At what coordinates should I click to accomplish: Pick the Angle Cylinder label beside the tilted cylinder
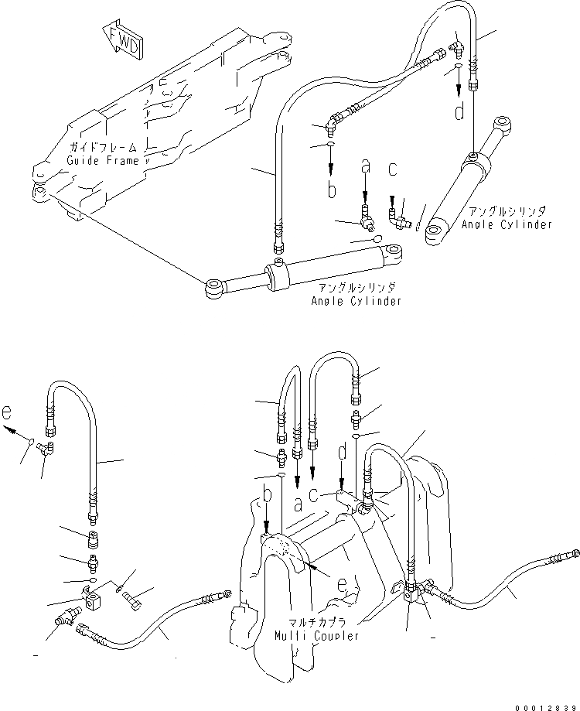coord(507,224)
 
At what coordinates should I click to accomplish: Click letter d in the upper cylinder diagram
coord(459,113)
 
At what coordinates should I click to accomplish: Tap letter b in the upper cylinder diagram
coord(331,189)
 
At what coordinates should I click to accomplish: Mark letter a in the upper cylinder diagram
coord(367,166)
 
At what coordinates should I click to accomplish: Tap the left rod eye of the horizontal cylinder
coord(213,289)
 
